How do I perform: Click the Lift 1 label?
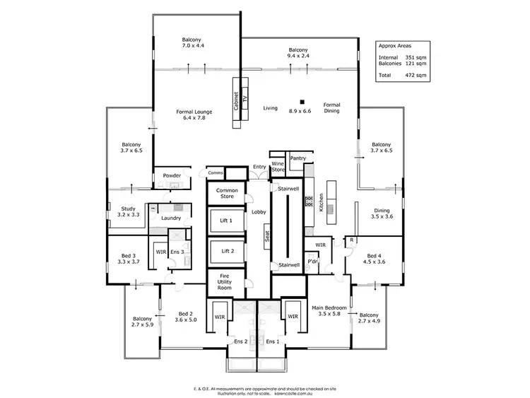pyautogui.click(x=227, y=221)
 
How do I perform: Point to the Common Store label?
pyautogui.click(x=227, y=193)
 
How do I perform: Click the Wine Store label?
pyautogui.click(x=278, y=167)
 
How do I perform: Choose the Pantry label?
pyautogui.click(x=298, y=159)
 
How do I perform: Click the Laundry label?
pyautogui.click(x=172, y=218)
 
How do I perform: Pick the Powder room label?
pyautogui.click(x=172, y=175)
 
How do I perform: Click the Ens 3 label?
pyautogui.click(x=178, y=252)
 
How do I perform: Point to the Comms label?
pyautogui.click(x=216, y=172)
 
